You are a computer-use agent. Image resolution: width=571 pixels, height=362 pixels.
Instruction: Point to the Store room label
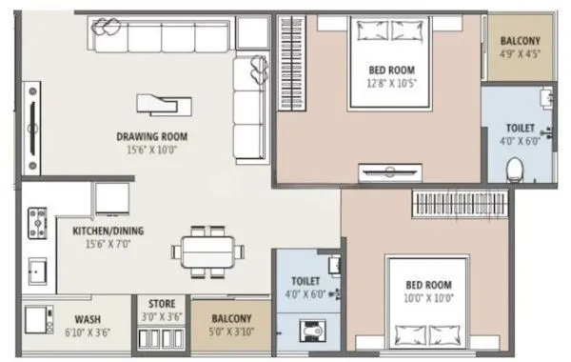[x=160, y=305]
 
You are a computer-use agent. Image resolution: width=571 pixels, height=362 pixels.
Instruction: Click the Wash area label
[x=88, y=320]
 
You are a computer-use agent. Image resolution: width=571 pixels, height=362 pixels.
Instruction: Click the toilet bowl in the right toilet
[x=515, y=170]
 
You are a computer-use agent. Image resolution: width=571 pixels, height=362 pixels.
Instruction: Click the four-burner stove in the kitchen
[x=37, y=223]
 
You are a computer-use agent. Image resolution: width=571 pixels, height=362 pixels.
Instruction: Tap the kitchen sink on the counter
[x=37, y=271]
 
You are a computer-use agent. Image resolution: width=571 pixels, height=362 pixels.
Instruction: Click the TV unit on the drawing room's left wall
[x=32, y=128]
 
